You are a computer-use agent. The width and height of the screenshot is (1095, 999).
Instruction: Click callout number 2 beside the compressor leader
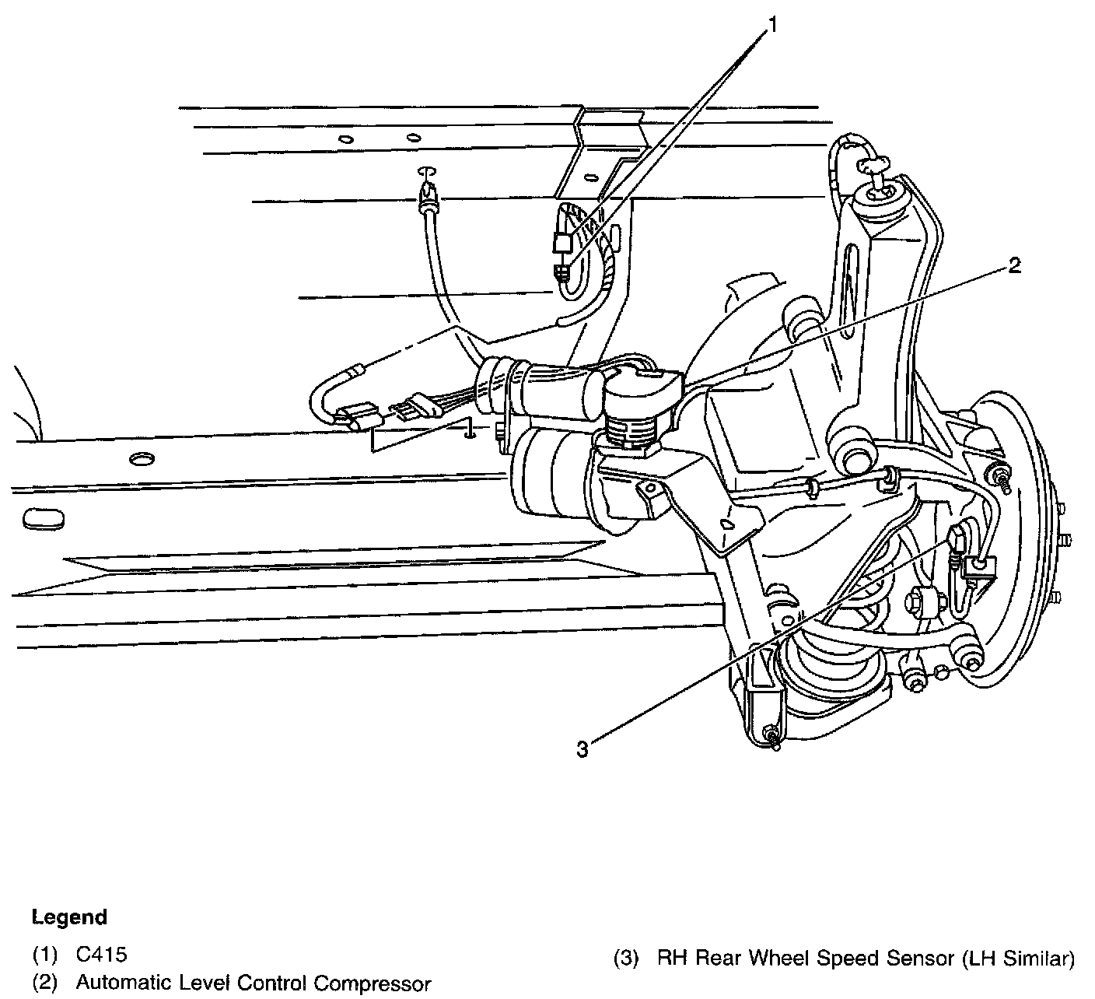click(1013, 266)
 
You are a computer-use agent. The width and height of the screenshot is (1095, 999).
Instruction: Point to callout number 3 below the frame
click(583, 749)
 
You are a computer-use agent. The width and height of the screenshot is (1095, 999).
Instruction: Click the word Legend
click(69, 917)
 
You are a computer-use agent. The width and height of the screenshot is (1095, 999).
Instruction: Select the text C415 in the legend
click(101, 955)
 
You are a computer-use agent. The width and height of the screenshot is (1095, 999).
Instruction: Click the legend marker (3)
click(627, 958)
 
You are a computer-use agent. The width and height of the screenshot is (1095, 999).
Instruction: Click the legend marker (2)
click(45, 983)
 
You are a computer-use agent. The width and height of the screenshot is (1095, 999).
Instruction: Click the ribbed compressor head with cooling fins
click(630, 430)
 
